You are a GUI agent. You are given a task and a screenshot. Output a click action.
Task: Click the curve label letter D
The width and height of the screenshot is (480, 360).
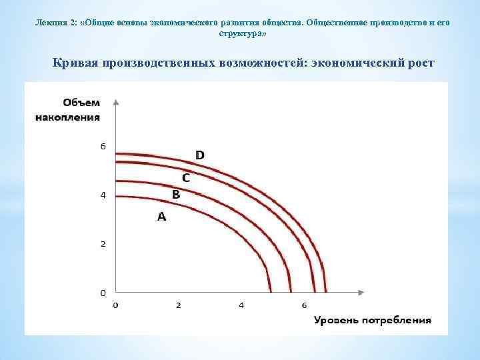point(199,155)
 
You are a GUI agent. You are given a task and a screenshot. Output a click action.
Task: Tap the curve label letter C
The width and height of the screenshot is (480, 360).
point(186,178)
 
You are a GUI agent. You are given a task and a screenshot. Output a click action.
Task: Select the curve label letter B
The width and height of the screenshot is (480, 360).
point(176,195)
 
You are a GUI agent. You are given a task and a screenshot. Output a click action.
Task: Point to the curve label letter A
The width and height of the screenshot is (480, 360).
point(161,217)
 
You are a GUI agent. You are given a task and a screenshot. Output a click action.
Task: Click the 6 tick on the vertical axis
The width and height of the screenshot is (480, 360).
point(103,146)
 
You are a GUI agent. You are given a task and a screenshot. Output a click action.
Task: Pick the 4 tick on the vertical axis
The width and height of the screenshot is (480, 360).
point(103,195)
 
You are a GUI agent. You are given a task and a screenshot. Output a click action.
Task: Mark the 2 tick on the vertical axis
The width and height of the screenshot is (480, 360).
point(103,244)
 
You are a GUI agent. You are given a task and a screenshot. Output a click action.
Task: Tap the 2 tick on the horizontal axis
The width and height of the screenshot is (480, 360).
point(178,305)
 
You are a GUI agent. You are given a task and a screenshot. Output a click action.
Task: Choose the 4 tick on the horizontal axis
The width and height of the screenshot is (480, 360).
point(241,305)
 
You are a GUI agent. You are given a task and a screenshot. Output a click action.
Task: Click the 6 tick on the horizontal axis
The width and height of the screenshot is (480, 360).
point(303,305)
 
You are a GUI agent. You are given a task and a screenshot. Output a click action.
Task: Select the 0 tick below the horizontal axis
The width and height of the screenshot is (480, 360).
point(115,305)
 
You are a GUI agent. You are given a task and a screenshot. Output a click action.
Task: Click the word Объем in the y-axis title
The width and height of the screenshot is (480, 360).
point(81,102)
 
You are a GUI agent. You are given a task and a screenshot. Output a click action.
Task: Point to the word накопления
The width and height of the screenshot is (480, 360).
point(67,117)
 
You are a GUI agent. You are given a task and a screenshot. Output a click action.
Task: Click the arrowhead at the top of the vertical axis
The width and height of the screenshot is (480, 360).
point(116,102)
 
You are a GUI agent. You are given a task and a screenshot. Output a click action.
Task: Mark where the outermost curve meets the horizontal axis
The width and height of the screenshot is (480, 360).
point(326,291)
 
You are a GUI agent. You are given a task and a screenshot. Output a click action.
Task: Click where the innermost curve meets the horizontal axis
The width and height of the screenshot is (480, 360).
point(271,291)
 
